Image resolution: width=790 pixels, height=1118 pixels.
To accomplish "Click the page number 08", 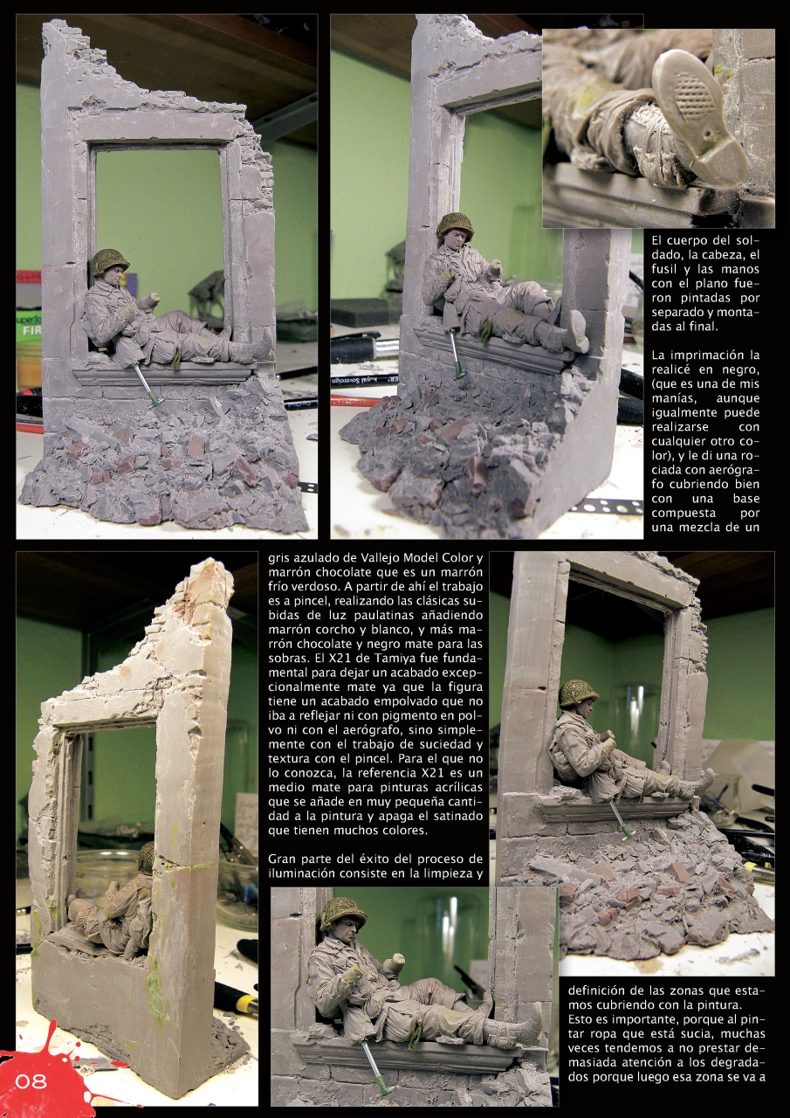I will [x=31, y=1081].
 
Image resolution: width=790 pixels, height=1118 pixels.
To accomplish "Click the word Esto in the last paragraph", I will [x=581, y=1018].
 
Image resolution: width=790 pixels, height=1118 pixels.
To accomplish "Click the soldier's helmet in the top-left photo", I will [x=110, y=260].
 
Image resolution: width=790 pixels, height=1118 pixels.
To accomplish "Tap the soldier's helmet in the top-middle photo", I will [x=455, y=224].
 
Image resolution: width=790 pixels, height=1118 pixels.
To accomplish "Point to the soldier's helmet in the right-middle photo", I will [x=578, y=692].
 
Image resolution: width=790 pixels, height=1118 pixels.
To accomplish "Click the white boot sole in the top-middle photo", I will [x=577, y=332].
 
